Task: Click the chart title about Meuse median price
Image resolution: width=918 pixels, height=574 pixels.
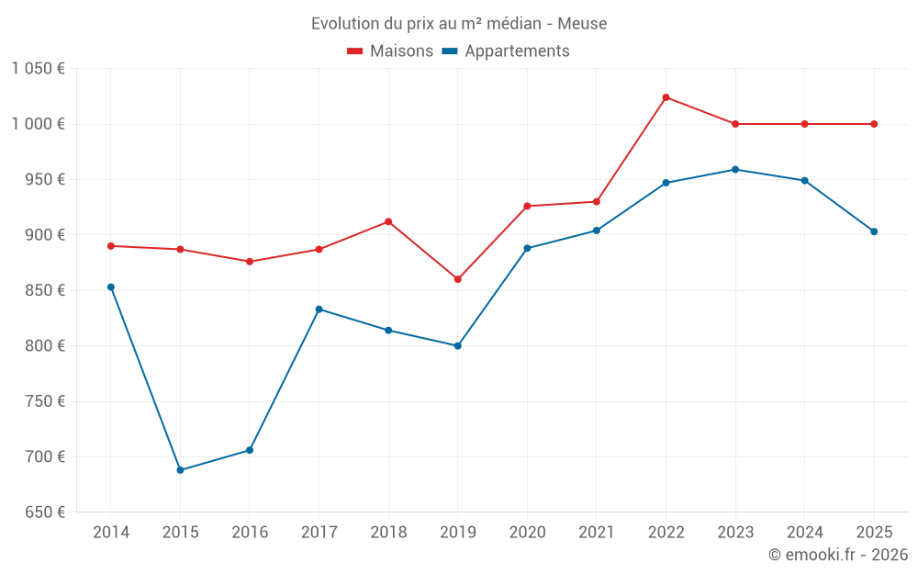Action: pos(458,23)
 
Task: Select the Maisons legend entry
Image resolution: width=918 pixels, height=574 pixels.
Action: pos(390,51)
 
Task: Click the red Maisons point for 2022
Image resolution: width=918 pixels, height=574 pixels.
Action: pos(666,97)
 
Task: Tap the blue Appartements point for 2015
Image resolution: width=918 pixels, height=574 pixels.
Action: pos(180,470)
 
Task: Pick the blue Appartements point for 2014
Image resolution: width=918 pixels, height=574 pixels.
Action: pos(111,287)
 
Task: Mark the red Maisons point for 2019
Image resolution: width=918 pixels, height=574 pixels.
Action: pos(458,279)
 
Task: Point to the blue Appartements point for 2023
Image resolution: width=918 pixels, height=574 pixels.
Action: pos(735,170)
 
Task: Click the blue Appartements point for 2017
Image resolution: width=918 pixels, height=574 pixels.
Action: pos(319,310)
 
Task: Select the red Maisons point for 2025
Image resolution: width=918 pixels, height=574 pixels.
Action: pos(874,124)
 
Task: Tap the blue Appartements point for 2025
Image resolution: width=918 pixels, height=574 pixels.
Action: pos(874,231)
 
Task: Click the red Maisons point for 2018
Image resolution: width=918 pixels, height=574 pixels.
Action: pos(388,221)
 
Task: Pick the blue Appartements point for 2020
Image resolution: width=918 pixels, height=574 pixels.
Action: pos(527,248)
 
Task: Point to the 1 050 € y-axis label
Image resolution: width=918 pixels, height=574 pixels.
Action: pos(38,69)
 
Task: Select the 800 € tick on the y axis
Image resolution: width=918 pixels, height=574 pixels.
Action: pos(43,346)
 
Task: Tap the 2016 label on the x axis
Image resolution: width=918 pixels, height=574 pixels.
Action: pos(250,533)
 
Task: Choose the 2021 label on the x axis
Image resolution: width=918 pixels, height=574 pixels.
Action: pos(597,533)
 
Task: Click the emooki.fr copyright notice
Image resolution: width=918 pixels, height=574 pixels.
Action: pos(837,555)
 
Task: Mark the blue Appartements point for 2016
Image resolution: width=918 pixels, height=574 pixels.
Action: pos(250,450)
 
